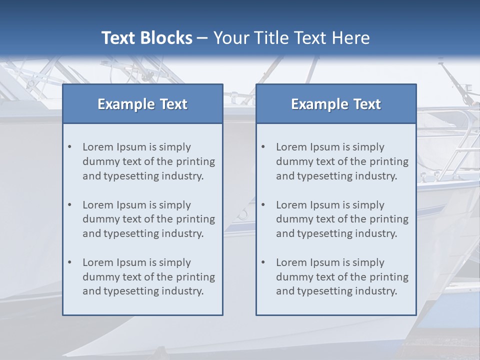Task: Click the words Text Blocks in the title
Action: pyautogui.click(x=146, y=38)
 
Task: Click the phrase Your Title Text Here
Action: pyautogui.click(x=291, y=38)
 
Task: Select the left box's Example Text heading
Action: pyautogui.click(x=142, y=104)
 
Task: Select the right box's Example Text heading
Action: pyautogui.click(x=336, y=104)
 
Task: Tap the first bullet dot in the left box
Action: pyautogui.click(x=69, y=147)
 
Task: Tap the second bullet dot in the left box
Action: pyautogui.click(x=69, y=205)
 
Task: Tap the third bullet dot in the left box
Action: pyautogui.click(x=69, y=262)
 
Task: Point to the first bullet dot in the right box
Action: pyautogui.click(x=263, y=147)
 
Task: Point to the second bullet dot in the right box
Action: pyautogui.click(x=263, y=205)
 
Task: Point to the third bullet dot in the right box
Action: pyautogui.click(x=263, y=262)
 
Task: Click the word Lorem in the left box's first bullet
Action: pyautogui.click(x=98, y=147)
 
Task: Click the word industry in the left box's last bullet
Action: pyautogui.click(x=182, y=291)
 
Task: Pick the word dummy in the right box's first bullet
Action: pyautogui.click(x=292, y=161)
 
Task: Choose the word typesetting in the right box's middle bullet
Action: pyautogui.click(x=320, y=233)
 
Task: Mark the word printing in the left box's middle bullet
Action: pyautogui.click(x=196, y=219)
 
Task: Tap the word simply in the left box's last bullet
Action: pyautogui.click(x=174, y=262)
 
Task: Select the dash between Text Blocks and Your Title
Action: pyautogui.click(x=202, y=38)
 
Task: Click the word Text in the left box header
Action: pyautogui.click(x=173, y=104)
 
